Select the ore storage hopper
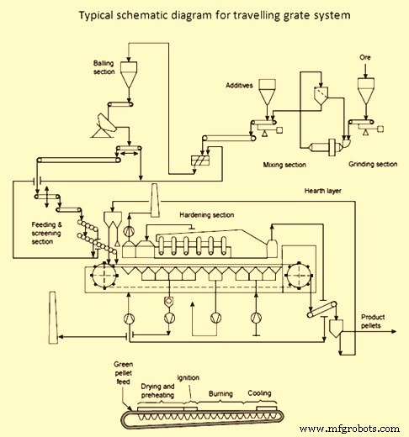(x=365, y=92)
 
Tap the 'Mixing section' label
(x=284, y=165)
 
